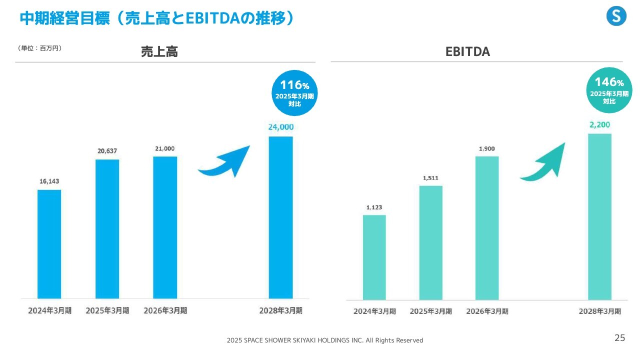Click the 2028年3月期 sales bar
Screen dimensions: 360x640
[x=280, y=217]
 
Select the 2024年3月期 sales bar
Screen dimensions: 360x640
[x=49, y=244]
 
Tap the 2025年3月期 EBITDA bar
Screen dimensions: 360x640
[x=430, y=242]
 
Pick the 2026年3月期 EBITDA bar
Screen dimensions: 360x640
[x=487, y=227]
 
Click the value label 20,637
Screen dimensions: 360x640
[x=107, y=151]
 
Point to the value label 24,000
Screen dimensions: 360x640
[x=280, y=127]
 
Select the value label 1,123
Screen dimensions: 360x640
[x=374, y=207]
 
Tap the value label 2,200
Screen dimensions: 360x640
[x=599, y=124]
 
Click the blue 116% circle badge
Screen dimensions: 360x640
[x=294, y=93]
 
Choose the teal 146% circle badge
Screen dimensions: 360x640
[x=609, y=90]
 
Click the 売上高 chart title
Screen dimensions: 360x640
[x=159, y=51]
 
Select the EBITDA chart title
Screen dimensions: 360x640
[x=467, y=51]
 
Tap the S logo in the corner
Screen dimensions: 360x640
[x=616, y=17]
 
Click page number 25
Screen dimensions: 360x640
[x=619, y=338]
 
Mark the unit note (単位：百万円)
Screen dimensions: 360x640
[x=40, y=48]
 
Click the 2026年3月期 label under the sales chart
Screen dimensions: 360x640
[x=165, y=310]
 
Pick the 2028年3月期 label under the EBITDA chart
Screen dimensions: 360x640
[x=599, y=311]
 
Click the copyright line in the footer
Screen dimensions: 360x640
[x=324, y=340]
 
